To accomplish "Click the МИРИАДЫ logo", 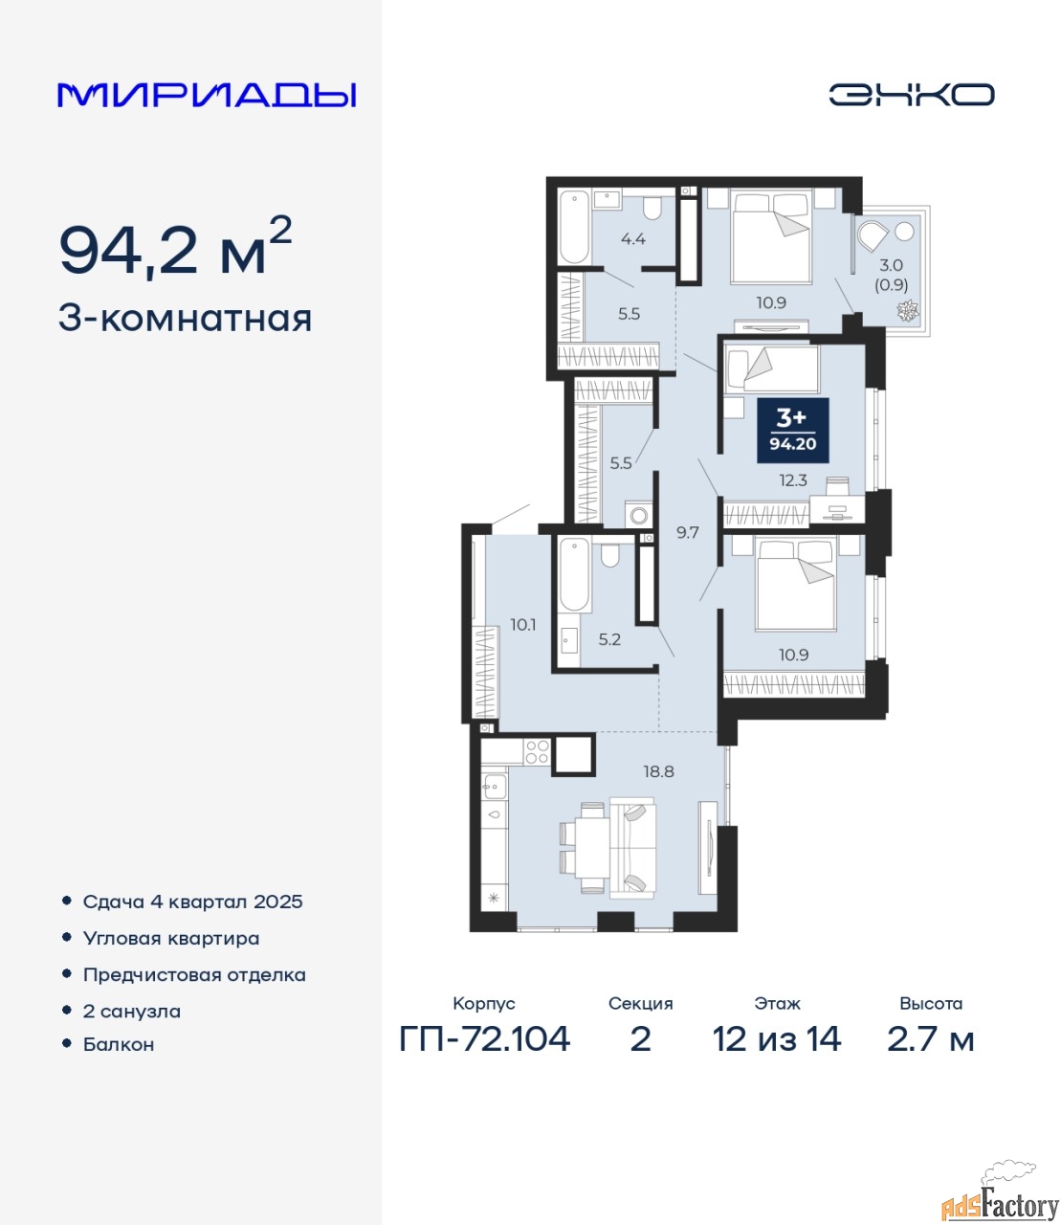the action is coord(206,95).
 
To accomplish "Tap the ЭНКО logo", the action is coord(911,95).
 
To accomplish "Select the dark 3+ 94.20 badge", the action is coord(792,431).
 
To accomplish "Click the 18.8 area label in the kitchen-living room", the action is coord(659,772).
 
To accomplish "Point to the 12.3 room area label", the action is coord(792,480).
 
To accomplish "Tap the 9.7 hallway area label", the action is coord(687,533).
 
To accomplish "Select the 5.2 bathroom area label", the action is coord(609,639).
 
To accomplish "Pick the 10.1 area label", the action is coord(523,625).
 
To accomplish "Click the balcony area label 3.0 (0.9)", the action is coord(891,275).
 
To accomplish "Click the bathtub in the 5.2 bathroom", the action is coord(574,574).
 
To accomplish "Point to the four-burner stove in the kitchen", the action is coord(538,752).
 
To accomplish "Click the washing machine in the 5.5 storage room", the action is coord(639,515).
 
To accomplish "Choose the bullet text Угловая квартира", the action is coord(171,939).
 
